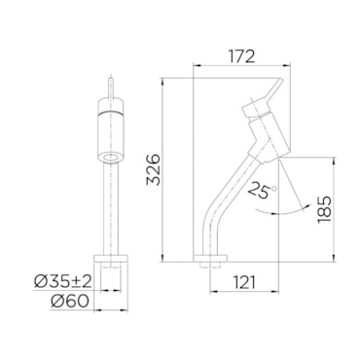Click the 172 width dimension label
click(242, 56)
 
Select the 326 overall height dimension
click(154, 169)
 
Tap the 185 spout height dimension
click(325, 209)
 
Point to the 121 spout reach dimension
click(244, 282)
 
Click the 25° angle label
click(262, 190)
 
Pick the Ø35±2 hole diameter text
click(63, 281)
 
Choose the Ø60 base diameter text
click(69, 302)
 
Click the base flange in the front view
click(111, 258)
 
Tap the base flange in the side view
click(210, 259)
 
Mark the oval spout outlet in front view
click(111, 158)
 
